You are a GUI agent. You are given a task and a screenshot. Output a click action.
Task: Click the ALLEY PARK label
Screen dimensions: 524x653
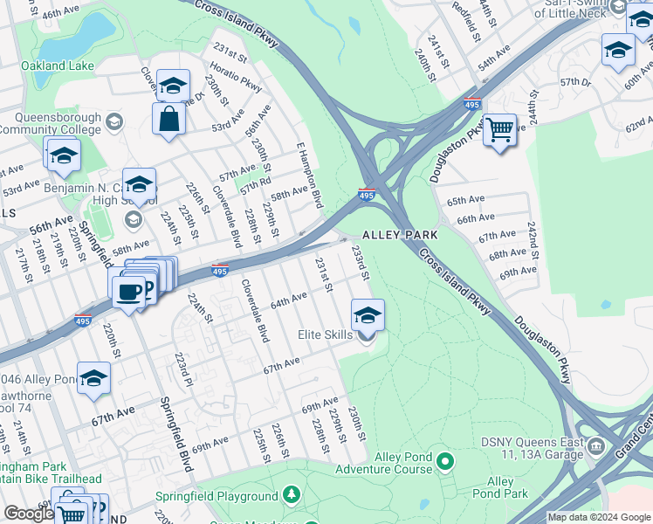399,236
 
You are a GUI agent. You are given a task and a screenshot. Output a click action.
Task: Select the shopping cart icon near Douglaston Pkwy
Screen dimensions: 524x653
499,129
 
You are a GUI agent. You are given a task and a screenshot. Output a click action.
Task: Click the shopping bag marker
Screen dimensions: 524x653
168,118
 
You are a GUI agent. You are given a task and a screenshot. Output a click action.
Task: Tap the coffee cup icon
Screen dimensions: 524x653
129,291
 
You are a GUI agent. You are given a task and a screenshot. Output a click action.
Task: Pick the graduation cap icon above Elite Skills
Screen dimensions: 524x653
368,314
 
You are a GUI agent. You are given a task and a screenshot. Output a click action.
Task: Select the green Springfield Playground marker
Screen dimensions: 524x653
291,496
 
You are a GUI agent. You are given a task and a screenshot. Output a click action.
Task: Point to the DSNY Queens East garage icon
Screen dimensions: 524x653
596,446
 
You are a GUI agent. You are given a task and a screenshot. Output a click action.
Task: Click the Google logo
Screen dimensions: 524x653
28,514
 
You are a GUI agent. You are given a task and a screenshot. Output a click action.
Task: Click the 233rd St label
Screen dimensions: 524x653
360,262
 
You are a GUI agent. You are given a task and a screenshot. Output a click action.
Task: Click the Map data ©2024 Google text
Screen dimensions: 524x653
599,517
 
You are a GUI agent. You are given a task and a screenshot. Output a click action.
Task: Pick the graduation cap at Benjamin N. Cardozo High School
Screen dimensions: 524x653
139,184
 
